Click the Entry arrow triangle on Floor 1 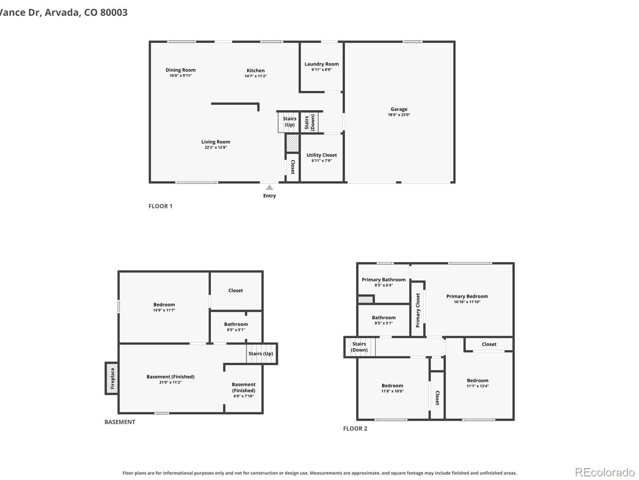270,187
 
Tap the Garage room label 399,109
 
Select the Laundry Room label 321,64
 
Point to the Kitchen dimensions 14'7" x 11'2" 256,76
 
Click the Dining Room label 181,70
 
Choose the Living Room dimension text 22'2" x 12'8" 216,148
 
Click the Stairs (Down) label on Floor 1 310,122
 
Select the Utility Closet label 321,155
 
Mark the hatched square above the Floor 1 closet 292,143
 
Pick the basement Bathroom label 236,324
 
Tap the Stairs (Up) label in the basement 260,354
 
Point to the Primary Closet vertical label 418,310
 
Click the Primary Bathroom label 384,280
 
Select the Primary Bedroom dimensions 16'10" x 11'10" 467,302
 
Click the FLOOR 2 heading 355,428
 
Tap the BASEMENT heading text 120,422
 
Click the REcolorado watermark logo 605,472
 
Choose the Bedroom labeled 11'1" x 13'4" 477,380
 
